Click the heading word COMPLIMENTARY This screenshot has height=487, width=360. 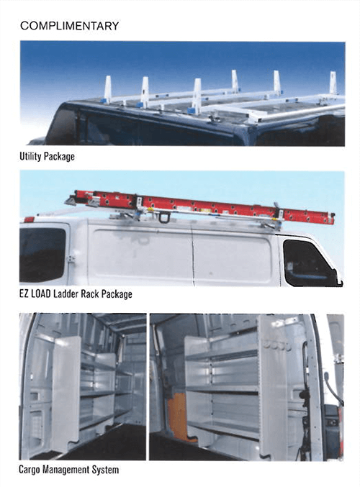(69, 26)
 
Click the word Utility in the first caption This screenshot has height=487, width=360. (30, 156)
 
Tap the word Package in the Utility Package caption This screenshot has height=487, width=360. (59, 157)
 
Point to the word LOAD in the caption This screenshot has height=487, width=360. (41, 293)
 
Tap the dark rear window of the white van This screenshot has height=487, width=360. (42, 255)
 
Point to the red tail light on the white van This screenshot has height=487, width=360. (29, 219)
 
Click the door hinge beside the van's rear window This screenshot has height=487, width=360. (71, 258)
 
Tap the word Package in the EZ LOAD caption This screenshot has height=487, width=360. (117, 293)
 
